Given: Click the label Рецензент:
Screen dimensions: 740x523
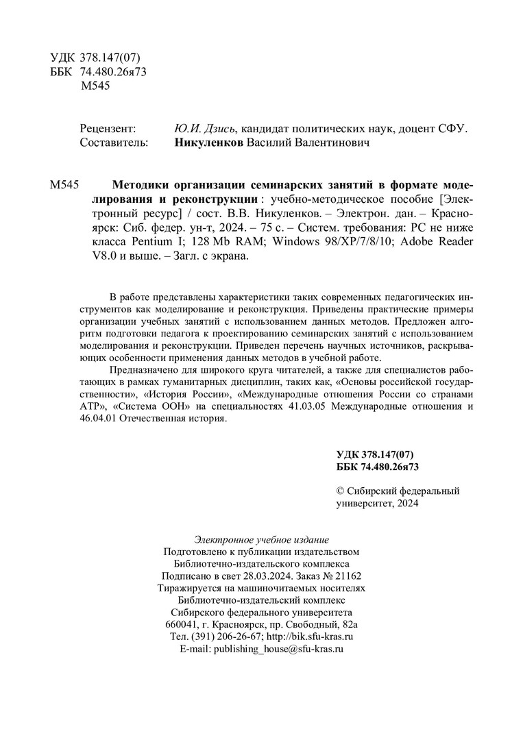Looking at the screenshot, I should pos(108,129).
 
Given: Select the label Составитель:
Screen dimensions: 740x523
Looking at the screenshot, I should pos(114,143).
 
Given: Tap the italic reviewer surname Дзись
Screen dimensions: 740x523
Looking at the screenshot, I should pos(221,129).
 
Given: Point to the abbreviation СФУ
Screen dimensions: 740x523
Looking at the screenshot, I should pos(450,129).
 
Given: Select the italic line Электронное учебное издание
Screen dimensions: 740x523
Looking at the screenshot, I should pos(262,539).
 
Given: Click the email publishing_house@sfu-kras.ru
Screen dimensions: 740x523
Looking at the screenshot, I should pos(278,648).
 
